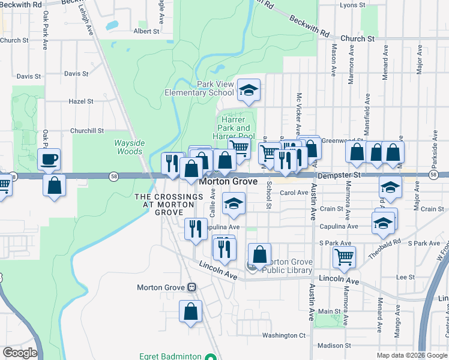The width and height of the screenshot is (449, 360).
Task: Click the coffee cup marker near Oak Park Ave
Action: [x=49, y=160]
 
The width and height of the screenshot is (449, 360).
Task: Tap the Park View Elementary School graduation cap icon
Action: [x=249, y=91]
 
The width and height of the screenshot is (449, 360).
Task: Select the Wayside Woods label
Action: [x=129, y=147]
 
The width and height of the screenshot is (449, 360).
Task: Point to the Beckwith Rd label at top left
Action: [x=22, y=4]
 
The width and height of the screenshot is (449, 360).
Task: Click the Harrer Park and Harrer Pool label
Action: [x=234, y=128]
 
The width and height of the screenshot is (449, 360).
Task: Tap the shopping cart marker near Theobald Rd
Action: [x=344, y=257]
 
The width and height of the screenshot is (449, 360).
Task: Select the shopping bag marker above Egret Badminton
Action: [x=190, y=311]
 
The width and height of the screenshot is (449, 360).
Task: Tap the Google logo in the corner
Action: [x=19, y=353]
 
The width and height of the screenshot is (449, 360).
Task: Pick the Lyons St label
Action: [x=352, y=5]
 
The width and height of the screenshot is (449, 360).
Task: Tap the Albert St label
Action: [x=146, y=31]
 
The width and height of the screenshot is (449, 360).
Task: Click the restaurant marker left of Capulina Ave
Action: [x=196, y=230]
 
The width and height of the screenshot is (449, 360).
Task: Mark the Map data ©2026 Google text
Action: [x=411, y=355]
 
